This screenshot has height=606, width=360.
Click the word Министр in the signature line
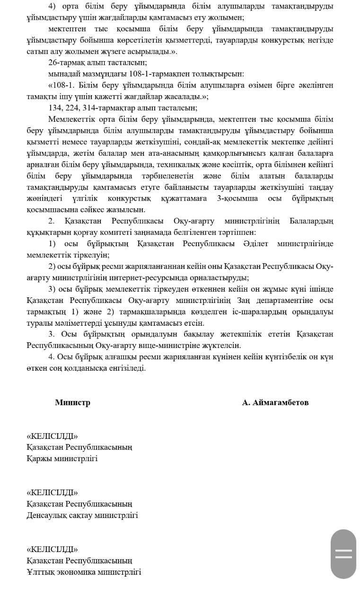click(72, 402)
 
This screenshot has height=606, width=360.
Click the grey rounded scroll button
click(343, 554)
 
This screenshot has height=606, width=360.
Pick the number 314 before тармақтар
click(95, 107)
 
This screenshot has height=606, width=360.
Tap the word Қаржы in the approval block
click(39, 458)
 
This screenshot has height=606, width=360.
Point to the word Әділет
click(256, 244)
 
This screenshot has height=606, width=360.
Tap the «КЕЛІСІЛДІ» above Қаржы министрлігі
click(53, 436)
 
